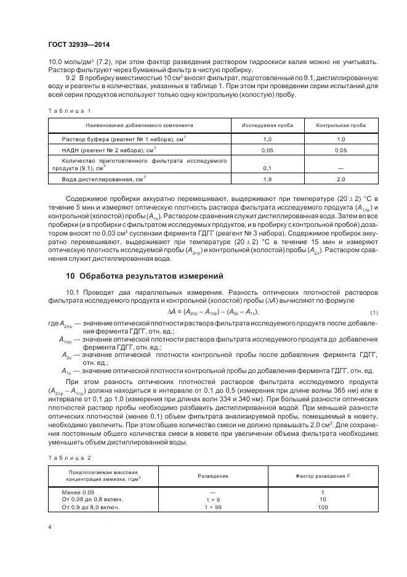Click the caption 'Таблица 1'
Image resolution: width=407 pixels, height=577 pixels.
(69, 110)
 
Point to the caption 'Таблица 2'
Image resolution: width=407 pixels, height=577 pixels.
(69, 458)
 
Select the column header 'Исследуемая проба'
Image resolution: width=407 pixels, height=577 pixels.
(267, 125)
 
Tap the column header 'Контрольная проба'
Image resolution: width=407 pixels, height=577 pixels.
(341, 125)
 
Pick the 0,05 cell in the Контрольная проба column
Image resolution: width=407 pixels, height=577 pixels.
(341, 150)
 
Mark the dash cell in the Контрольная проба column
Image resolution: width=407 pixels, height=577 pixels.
(341, 168)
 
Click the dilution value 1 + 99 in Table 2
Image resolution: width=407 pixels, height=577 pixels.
(213, 507)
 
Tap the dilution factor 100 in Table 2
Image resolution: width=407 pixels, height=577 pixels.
(323, 507)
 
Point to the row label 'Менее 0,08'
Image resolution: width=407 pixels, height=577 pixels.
(78, 492)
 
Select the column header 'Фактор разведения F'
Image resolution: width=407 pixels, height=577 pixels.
(323, 476)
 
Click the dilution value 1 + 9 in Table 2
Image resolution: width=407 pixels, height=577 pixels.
(213, 499)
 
